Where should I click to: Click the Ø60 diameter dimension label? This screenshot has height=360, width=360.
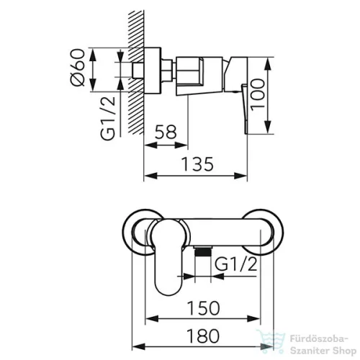(x=78, y=67)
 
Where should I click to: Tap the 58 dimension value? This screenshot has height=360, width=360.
(x=166, y=132)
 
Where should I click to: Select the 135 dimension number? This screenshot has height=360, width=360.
(x=197, y=164)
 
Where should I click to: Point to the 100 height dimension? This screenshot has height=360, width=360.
(x=258, y=95)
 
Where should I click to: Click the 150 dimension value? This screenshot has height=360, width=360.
(x=203, y=308)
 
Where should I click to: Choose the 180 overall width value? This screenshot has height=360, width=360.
(x=203, y=336)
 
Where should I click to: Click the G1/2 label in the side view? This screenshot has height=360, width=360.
(x=108, y=118)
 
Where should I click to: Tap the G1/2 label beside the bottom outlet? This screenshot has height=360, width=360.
(x=235, y=264)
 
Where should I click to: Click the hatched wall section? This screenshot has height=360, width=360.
(x=136, y=72)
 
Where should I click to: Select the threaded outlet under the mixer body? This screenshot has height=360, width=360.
(x=203, y=251)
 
